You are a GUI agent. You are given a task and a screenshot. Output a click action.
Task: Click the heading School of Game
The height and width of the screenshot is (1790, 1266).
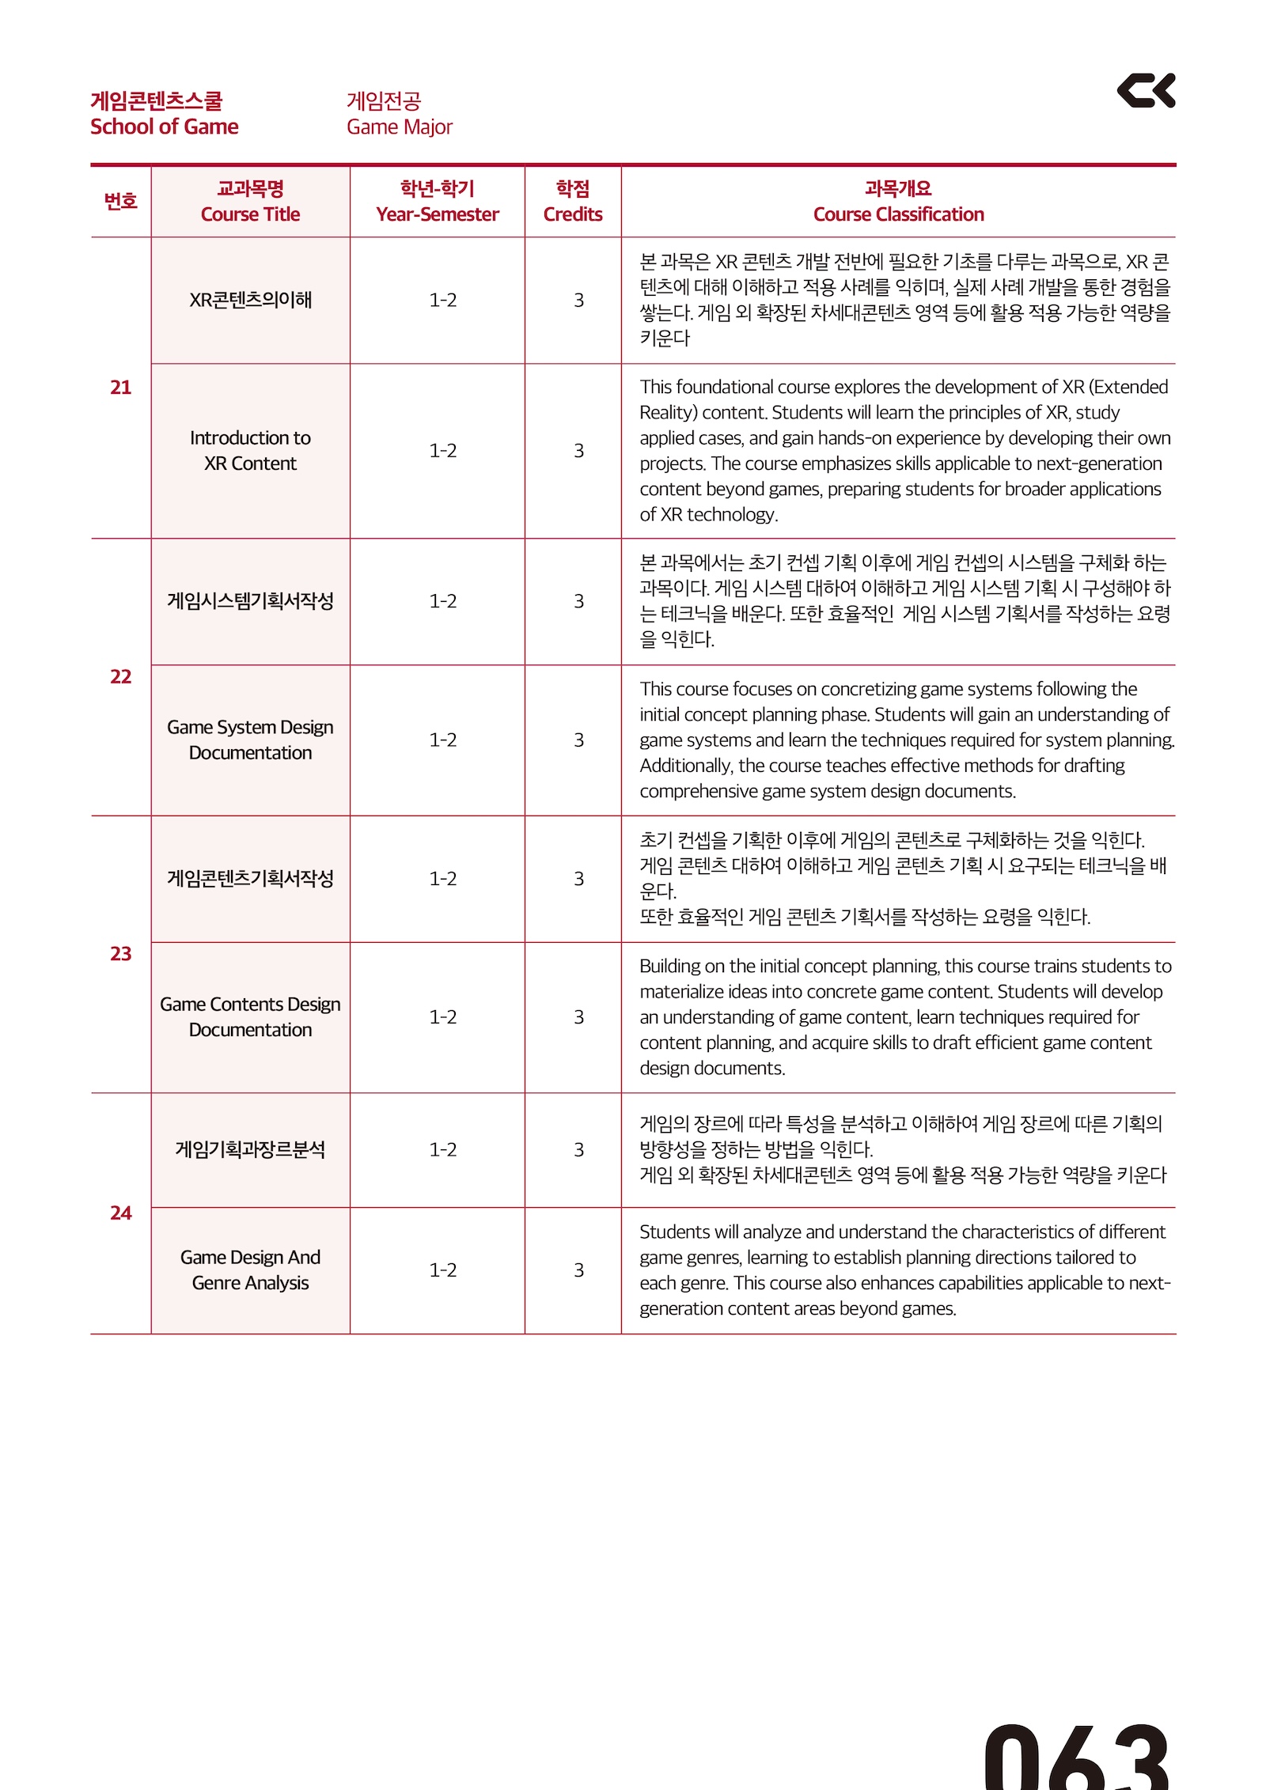tap(164, 127)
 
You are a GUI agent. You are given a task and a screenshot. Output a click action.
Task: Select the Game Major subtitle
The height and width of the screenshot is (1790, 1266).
tap(399, 127)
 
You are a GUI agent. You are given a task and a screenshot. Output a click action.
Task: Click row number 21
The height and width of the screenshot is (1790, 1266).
tap(120, 388)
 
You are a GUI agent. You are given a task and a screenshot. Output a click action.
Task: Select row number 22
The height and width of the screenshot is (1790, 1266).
tap(120, 677)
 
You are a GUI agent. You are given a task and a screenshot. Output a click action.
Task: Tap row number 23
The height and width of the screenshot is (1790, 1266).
tap(120, 954)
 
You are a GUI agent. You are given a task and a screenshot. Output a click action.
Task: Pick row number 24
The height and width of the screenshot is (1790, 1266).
tap(120, 1213)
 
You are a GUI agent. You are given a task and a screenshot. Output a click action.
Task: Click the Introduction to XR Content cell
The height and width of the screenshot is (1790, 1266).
tap(250, 451)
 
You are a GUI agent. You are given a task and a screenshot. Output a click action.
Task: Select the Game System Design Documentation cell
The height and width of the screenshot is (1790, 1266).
tap(250, 740)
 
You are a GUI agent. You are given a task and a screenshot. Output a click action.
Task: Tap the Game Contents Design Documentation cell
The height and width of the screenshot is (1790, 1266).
tap(250, 1017)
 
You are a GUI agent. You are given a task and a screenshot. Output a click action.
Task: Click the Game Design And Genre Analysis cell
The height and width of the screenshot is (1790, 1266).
tap(250, 1270)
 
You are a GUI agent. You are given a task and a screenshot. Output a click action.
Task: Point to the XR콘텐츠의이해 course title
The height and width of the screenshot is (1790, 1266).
tap(250, 301)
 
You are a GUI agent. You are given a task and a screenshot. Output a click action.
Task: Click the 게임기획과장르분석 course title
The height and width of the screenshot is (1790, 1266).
tap(250, 1149)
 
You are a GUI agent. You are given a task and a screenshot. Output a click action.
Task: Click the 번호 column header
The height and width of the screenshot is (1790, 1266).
tap(120, 202)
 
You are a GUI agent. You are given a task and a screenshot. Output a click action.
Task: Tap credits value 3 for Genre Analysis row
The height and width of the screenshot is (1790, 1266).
tap(578, 1270)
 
